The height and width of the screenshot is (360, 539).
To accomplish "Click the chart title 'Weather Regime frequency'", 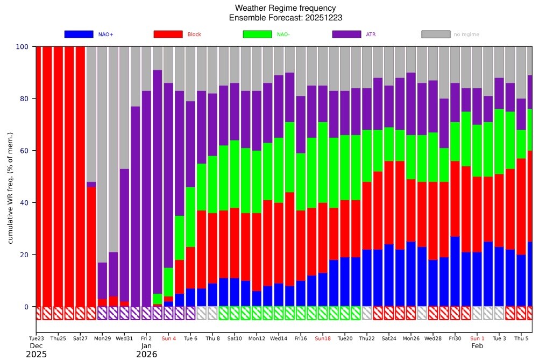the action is coord(285,8).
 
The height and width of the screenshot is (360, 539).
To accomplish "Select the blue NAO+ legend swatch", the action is coord(79,34).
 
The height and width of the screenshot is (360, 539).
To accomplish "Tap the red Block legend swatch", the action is coord(168,34).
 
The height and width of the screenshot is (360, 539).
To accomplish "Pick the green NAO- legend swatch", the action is coord(257,34).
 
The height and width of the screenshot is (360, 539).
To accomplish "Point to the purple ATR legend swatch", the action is coord(346,34).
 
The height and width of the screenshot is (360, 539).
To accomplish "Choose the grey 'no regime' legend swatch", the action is coord(436,34).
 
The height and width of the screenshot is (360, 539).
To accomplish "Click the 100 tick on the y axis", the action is coord(22,46).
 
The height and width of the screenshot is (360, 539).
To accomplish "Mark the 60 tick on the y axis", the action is coord(24,151).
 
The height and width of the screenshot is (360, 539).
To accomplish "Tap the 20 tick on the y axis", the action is coord(24,255).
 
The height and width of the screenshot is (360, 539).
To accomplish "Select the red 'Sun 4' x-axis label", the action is coord(168,338).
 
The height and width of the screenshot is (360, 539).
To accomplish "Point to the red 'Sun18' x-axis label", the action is coord(323,338).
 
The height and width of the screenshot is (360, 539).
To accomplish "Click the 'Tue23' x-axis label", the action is coord(37,338).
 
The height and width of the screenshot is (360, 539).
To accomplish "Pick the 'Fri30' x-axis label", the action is coord(455,338).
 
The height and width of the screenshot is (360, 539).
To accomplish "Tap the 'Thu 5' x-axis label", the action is coord(521,338).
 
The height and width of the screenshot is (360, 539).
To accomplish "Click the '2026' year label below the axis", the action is coord(146,354).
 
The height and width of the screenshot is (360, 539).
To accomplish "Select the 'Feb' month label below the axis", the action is coord(477,346).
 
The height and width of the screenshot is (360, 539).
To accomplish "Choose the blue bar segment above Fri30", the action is coord(455,271).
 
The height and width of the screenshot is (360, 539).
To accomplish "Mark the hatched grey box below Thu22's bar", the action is coord(367,313).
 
